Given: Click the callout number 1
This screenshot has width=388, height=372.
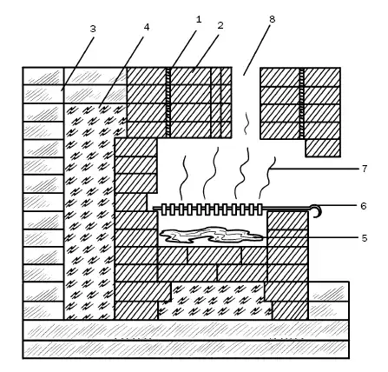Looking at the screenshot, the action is tap(199, 19).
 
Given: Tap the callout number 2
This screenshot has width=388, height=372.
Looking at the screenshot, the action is tap(220, 25).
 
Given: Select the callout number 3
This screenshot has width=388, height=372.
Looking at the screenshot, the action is tap(93, 29).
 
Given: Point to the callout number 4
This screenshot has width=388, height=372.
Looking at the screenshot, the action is tap(147, 27).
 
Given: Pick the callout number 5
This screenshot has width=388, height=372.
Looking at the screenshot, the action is tap(365, 238).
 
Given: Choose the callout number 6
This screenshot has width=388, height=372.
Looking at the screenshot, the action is tap(364, 206).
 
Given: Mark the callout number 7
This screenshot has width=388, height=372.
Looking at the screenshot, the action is tap(365, 169).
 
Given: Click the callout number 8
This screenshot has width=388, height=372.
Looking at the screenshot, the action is tap(272, 19).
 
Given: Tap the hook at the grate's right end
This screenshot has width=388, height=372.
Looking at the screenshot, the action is tap(316, 211).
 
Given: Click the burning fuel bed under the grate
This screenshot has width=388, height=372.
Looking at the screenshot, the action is tap(211, 235).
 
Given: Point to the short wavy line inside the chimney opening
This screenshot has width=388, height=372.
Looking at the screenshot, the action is tap(247, 123).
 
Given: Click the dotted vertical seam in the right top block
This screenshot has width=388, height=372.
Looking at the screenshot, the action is tap(302, 103).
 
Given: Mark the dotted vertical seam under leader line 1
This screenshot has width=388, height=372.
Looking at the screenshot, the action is tap(168, 103).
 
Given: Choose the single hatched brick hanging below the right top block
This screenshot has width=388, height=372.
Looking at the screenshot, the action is tap(323, 148).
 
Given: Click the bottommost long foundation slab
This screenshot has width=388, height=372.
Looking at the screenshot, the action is tap(186, 349).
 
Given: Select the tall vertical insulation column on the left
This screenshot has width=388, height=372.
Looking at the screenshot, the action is tap(89, 211).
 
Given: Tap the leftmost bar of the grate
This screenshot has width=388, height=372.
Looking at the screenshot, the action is tap(164, 209).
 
